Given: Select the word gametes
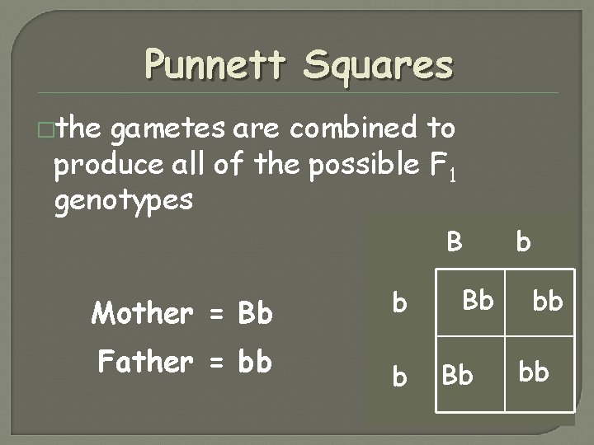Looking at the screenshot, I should pyautogui.click(x=170, y=129).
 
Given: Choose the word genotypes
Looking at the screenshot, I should pyautogui.click(x=124, y=199).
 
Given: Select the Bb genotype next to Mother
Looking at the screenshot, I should pyautogui.click(x=255, y=313).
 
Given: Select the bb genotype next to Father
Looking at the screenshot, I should pyautogui.click(x=255, y=362).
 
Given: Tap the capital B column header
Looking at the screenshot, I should pyautogui.click(x=454, y=242).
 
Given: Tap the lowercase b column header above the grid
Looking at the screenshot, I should pyautogui.click(x=523, y=242).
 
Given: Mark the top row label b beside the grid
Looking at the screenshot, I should pyautogui.click(x=399, y=304).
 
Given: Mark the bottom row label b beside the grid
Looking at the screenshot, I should pyautogui.click(x=399, y=375).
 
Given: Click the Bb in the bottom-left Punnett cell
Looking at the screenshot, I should pyautogui.click(x=458, y=375).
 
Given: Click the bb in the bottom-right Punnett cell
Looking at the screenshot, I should pyautogui.click(x=534, y=372).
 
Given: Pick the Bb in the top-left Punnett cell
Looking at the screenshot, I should pyautogui.click(x=476, y=299).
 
